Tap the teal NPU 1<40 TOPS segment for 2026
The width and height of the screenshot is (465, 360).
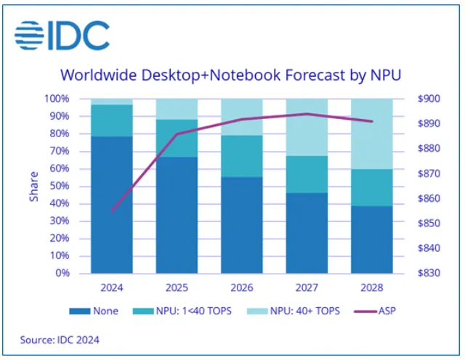(243, 156)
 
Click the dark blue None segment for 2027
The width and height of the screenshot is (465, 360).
(307, 233)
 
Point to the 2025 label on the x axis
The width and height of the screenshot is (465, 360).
(177, 287)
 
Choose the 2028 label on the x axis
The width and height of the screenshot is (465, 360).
(372, 287)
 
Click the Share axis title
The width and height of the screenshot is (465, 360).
(33, 187)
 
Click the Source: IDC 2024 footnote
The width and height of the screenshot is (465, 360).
(60, 339)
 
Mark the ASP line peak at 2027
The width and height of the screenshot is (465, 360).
(307, 114)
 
